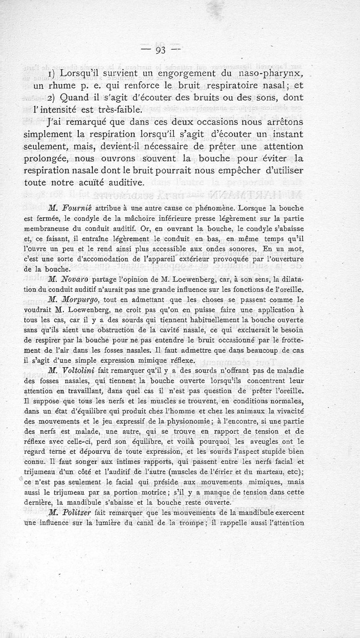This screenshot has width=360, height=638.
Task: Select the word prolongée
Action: click(78, 159)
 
